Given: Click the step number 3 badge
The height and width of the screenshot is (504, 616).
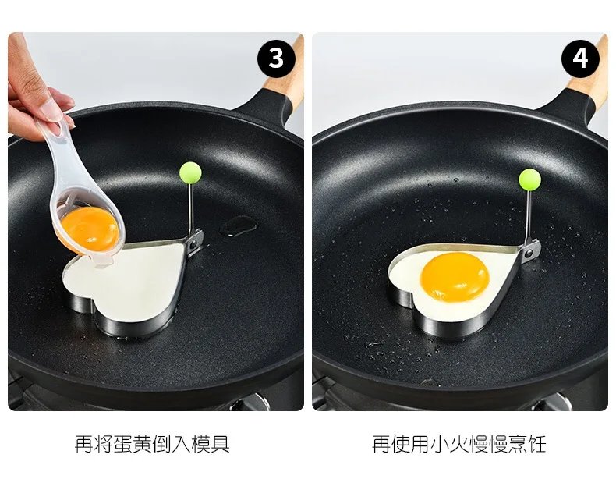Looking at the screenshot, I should point(276,59).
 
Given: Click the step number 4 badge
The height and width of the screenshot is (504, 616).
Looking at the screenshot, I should point(580,59).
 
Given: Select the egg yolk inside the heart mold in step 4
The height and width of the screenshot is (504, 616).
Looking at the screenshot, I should point(455,276).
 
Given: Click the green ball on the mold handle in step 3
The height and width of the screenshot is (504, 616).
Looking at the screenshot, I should point(189,171).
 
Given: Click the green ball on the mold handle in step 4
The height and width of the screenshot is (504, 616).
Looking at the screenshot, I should point(530,179).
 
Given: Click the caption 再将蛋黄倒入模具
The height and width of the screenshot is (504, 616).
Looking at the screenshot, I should point(152,445).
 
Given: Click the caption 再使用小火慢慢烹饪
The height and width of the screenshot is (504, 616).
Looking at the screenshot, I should point(458,445).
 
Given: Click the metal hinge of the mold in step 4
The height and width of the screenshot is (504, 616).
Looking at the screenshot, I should point(532,251).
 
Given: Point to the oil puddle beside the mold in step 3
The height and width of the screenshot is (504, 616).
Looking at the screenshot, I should point(236,226).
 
